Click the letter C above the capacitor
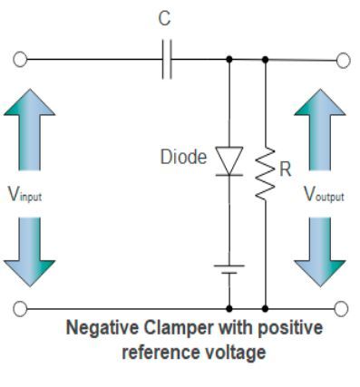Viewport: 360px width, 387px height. click(166, 21)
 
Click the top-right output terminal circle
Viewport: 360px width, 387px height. click(342, 61)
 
